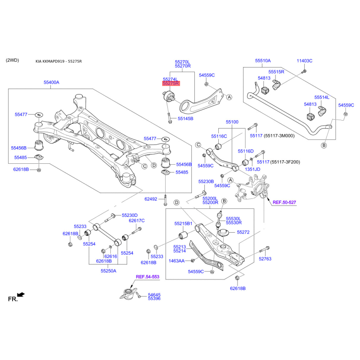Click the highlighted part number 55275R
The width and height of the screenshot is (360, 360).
coord(171,83)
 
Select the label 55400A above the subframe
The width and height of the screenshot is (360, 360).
coord(51,82)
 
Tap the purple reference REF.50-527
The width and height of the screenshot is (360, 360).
coord(284,202)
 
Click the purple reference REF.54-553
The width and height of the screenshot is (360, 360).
coord(148,277)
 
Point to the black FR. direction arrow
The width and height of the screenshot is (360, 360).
coord(21,295)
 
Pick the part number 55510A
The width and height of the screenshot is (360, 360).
coord(263,61)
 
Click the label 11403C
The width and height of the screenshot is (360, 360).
coord(305,61)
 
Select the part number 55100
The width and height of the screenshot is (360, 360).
coord(232,122)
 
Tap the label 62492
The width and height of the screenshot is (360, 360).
coord(151,199)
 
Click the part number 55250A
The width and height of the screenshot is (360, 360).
coord(108,271)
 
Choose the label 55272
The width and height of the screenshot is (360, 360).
coord(243,232)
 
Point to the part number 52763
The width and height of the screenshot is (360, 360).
coord(265,259)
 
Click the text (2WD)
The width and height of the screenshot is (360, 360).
coord(13,60)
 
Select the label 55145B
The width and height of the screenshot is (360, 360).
coord(185,119)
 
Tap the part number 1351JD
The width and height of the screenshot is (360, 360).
coord(252,169)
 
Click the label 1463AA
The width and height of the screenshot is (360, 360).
coord(176,261)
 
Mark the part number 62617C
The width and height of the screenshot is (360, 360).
coord(137,220)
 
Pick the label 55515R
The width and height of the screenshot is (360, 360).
coord(276,72)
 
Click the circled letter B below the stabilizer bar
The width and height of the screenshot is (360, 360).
coord(324,145)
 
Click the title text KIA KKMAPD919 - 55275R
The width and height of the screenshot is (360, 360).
coord(58,61)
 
